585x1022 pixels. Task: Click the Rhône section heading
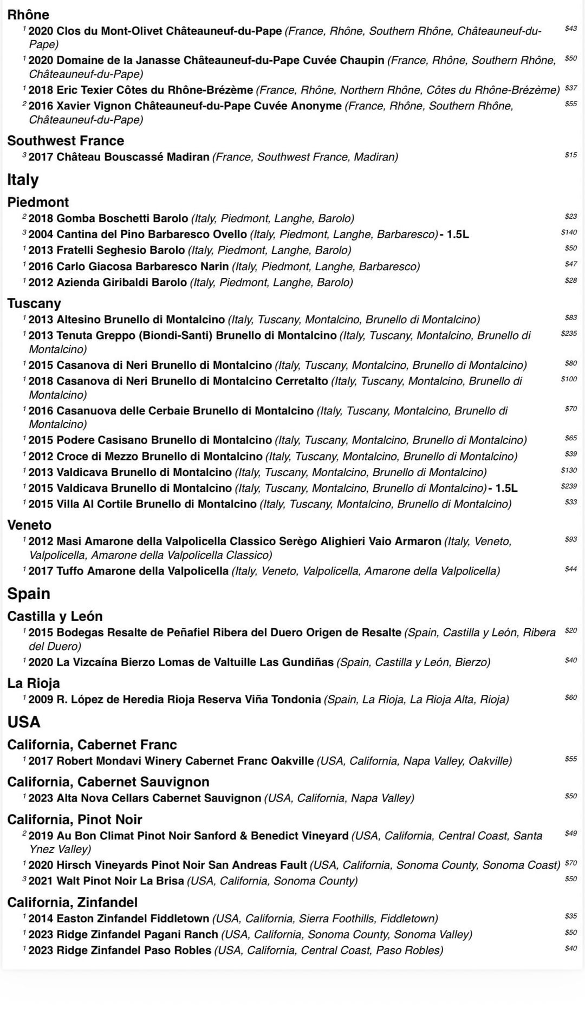click(x=28, y=15)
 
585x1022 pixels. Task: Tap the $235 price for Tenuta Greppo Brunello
click(x=569, y=334)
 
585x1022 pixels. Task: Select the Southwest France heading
click(x=66, y=141)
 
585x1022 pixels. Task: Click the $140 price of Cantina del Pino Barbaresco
click(x=569, y=232)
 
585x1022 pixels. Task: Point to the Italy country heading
click(x=23, y=180)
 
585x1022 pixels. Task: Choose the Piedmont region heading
click(x=38, y=203)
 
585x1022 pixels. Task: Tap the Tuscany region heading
click(x=34, y=303)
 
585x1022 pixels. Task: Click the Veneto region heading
click(x=29, y=525)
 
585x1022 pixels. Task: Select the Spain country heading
click(x=29, y=594)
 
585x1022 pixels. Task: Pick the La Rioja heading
click(x=34, y=683)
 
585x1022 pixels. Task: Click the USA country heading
click(x=24, y=722)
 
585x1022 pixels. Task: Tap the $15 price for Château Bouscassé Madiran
click(x=570, y=155)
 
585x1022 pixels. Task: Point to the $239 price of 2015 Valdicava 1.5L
click(x=569, y=486)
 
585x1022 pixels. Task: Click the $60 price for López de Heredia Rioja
click(x=570, y=698)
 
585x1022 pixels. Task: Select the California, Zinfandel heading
click(x=73, y=902)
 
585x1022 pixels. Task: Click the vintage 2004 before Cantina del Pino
click(x=41, y=235)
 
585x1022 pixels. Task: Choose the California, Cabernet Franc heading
click(x=92, y=745)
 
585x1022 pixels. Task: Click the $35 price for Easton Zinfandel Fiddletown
click(x=570, y=916)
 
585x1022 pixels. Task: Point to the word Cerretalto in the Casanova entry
click(x=302, y=381)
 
